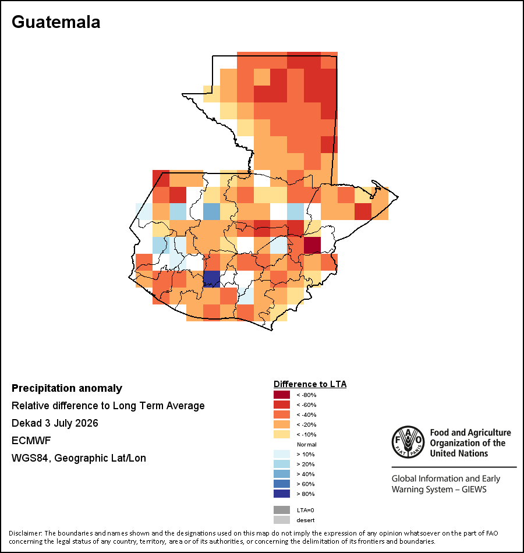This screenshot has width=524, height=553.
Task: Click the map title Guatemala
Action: tap(56, 22)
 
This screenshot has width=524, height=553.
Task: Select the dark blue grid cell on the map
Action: tap(212, 279)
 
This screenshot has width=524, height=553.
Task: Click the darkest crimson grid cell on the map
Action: tap(312, 245)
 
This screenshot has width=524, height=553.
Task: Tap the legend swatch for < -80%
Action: tap(282, 395)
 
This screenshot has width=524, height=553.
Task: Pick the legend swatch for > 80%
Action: tap(282, 494)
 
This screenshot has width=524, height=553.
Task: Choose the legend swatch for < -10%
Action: tap(282, 434)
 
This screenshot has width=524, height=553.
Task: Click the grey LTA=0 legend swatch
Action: tap(282, 510)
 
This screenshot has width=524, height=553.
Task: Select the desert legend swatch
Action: tap(282, 520)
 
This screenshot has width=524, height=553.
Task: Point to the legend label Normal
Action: tap(307, 444)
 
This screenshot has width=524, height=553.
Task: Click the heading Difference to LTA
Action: tap(310, 384)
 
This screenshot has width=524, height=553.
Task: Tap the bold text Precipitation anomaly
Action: tap(67, 388)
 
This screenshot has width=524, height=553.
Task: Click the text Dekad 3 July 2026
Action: tap(55, 423)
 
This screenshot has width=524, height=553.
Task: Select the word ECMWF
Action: tap(31, 441)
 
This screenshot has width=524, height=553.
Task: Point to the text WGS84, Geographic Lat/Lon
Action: tap(79, 458)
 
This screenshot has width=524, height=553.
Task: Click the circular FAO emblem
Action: tap(408, 442)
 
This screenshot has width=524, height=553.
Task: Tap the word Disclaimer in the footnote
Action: tap(26, 533)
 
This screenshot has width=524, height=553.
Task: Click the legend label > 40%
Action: tap(306, 474)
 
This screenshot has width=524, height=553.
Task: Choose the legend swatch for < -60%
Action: tap(282, 405)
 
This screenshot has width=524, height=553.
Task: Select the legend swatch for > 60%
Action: tap(282, 484)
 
